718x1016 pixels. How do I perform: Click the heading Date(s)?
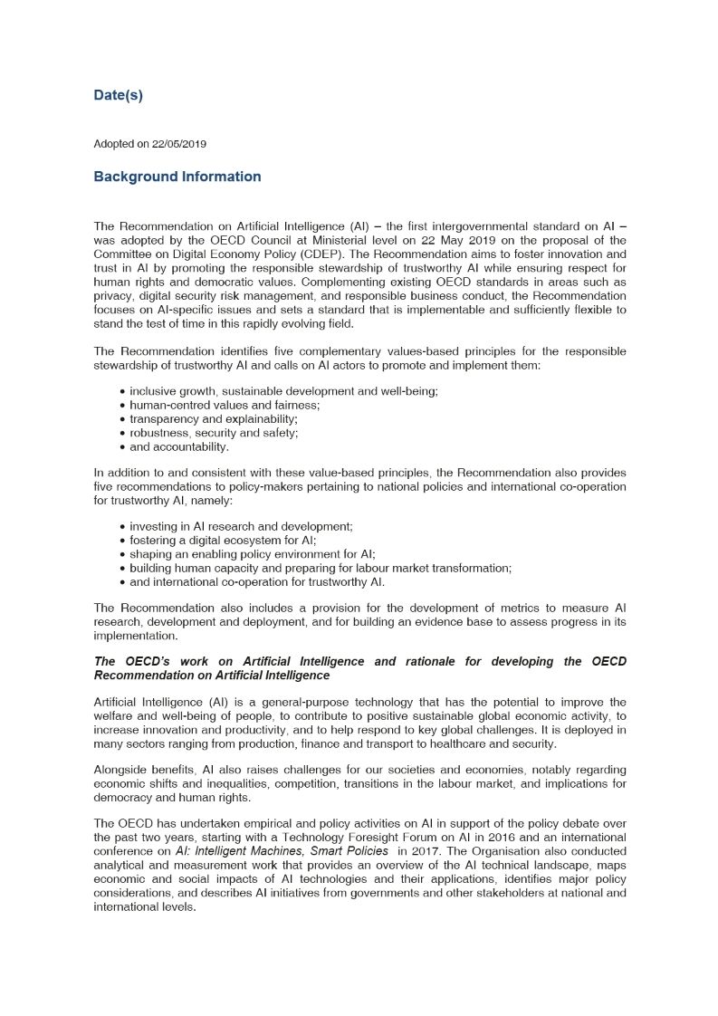pyautogui.click(x=119, y=95)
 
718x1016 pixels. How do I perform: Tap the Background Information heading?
pyautogui.click(x=177, y=177)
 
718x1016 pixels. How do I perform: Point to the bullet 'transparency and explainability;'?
pyautogui.click(x=214, y=419)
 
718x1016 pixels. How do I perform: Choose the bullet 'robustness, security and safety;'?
pyautogui.click(x=214, y=433)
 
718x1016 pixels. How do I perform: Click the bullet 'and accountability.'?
pyautogui.click(x=179, y=446)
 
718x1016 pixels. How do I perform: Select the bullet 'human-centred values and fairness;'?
pyautogui.click(x=225, y=405)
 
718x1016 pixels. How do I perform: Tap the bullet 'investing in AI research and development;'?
pyautogui.click(x=241, y=526)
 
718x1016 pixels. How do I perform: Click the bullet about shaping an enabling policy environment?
pyautogui.click(x=253, y=554)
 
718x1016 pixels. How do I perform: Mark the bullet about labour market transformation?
pyautogui.click(x=321, y=568)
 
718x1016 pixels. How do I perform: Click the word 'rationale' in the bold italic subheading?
pyautogui.click(x=430, y=662)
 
